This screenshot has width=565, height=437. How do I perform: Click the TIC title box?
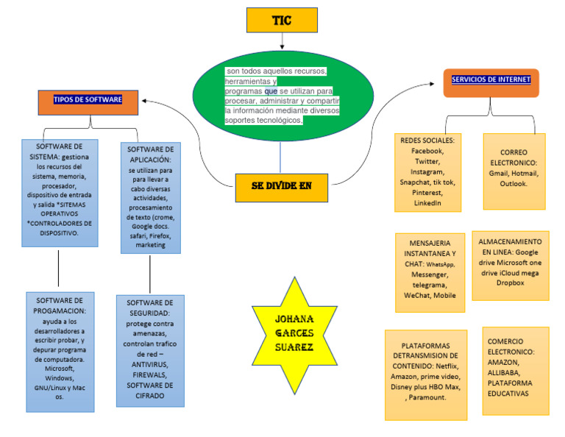[x=282, y=21]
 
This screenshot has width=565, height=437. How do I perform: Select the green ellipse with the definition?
[x=282, y=95]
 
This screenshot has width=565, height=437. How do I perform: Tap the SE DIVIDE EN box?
[x=281, y=187]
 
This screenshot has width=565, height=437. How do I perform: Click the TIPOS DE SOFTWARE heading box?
[x=88, y=99]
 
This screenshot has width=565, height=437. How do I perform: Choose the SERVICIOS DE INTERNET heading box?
[x=491, y=80]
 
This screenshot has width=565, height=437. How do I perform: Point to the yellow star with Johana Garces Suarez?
[x=294, y=335]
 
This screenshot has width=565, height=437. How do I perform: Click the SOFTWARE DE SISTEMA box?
[x=58, y=192]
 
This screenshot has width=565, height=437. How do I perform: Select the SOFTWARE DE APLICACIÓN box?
[x=150, y=198]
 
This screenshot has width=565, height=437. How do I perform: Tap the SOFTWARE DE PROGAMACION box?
[x=60, y=352]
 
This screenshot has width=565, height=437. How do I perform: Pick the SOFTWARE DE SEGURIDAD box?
[x=150, y=351]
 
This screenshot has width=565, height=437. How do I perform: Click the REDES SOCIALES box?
[x=427, y=171]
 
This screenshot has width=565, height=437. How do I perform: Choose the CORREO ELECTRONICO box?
[x=514, y=171]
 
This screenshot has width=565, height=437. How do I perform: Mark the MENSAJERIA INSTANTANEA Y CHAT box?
[x=429, y=269]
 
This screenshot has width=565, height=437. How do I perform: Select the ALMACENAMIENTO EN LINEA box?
[x=510, y=265]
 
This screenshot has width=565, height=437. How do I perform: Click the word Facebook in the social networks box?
[x=427, y=151]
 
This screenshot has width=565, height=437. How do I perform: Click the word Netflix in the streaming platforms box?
[x=447, y=366]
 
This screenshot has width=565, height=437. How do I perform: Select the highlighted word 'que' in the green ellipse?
[x=271, y=91]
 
